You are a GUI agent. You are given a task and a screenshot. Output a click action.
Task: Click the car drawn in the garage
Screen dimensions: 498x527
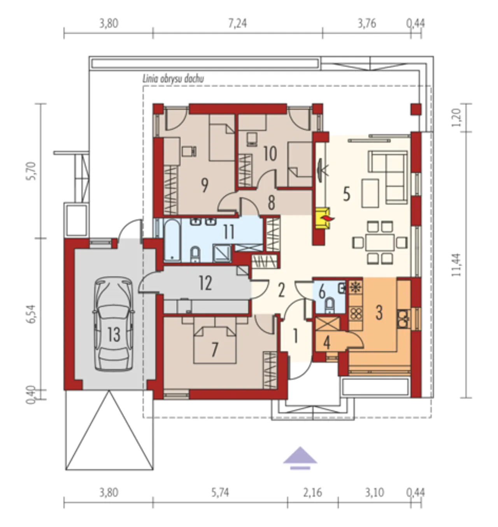(x=114, y=324)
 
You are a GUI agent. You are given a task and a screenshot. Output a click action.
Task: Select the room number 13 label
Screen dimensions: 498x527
(x=114, y=335)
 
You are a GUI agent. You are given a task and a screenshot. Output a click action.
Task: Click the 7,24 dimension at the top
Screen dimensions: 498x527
(x=238, y=23)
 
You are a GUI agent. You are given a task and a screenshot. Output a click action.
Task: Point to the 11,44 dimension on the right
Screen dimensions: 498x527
(x=456, y=265)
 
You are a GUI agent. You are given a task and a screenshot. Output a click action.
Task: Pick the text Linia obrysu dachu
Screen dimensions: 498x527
(x=173, y=79)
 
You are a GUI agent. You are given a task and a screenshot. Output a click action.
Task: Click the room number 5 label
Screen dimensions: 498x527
(x=347, y=194)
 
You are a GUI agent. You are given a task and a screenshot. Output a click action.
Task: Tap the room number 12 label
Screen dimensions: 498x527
(x=205, y=283)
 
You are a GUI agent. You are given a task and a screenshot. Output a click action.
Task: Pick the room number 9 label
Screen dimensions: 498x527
(x=204, y=185)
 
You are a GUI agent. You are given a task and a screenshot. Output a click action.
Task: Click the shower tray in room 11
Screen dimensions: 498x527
(x=222, y=253)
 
